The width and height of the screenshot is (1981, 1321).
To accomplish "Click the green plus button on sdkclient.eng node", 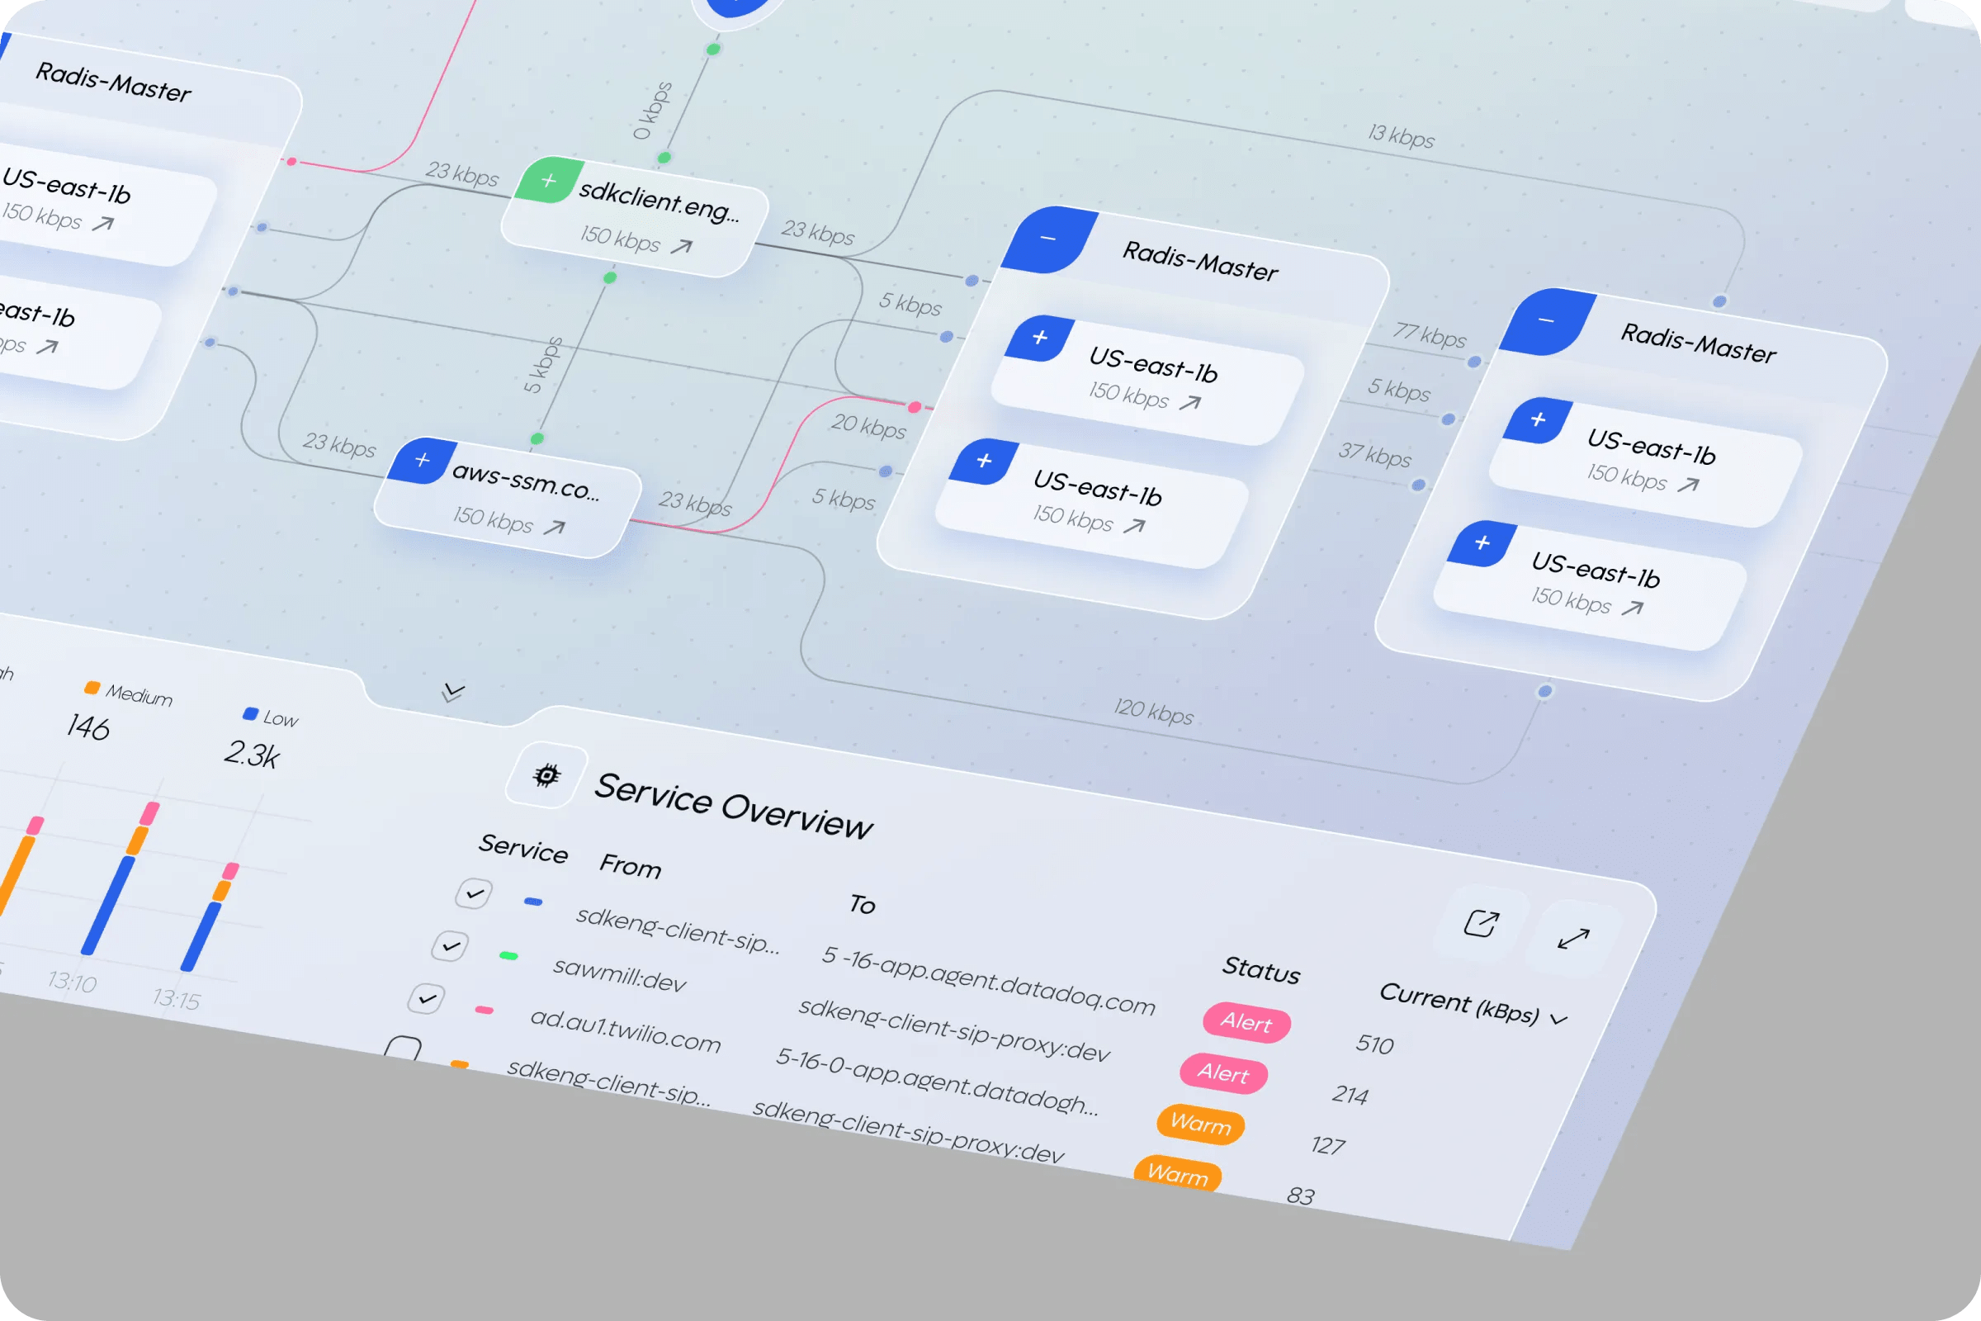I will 548,180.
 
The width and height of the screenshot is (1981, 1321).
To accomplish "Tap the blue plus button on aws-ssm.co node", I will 422,460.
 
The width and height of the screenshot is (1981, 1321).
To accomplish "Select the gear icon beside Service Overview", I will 546,775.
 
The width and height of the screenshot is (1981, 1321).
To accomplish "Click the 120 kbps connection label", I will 1153,712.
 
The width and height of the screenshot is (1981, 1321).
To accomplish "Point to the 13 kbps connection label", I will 1401,135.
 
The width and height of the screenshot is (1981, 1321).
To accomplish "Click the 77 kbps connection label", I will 1429,334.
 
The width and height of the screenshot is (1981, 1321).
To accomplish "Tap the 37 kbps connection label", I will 1373,454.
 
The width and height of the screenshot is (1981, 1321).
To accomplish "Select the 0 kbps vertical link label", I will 653,111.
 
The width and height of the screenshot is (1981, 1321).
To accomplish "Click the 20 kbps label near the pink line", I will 868,426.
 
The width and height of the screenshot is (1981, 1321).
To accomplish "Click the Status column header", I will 1261,969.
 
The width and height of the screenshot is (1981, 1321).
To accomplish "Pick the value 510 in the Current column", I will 1374,1044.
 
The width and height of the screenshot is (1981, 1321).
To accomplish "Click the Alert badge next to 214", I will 1224,1073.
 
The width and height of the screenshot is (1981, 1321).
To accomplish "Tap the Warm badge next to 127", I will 1200,1124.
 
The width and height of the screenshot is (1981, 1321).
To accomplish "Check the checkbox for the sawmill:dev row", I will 451,946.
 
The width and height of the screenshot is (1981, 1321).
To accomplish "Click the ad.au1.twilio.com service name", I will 625,1030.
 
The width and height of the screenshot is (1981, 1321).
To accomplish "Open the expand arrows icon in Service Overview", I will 1572,938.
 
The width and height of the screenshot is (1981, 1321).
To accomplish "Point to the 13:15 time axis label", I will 177,999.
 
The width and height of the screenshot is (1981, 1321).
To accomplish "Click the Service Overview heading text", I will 733,806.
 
